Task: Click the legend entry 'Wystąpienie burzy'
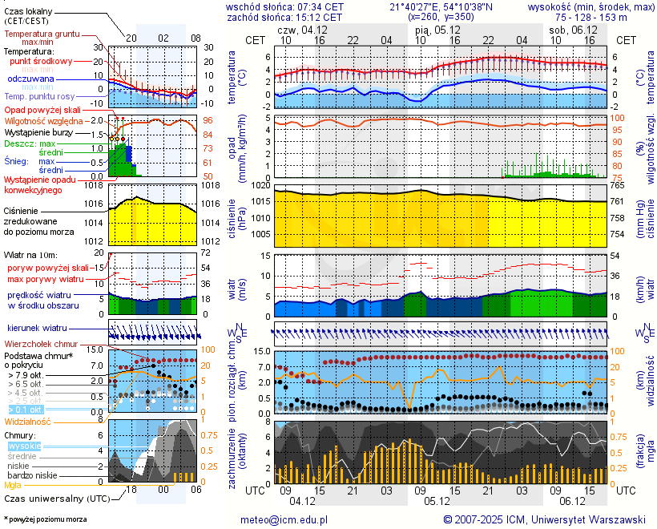(38, 131)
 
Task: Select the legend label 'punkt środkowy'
(42, 61)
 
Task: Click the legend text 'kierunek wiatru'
(37, 329)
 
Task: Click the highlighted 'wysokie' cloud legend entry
(24, 446)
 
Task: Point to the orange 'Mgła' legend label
(13, 485)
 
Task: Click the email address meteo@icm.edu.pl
(284, 520)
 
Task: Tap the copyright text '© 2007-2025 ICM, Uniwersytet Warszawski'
(544, 520)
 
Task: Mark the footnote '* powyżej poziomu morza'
(45, 519)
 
